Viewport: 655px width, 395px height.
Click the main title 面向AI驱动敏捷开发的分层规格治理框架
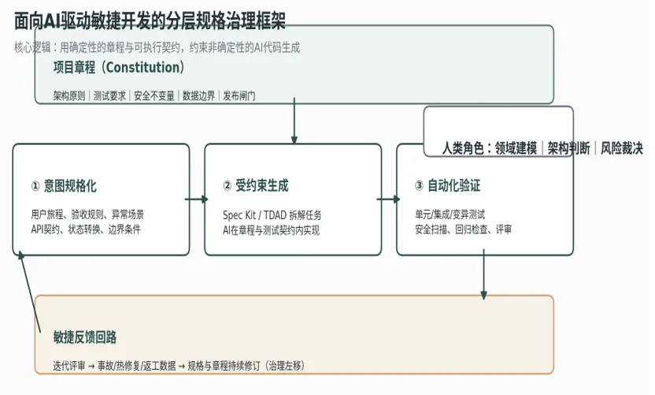150,21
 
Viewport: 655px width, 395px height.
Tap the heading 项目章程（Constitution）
119,67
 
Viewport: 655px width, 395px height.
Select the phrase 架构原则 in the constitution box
69,96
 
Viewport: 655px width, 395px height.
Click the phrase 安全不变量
154,96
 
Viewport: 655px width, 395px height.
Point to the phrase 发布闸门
239,96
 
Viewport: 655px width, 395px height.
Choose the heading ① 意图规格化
64,185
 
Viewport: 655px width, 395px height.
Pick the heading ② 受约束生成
256,185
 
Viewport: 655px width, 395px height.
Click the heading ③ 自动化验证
447,185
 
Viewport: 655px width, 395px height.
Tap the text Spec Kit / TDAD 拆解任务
272,215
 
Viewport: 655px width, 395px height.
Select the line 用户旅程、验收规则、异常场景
87,214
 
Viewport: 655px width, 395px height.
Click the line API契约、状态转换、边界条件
86,229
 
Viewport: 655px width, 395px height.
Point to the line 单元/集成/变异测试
450,214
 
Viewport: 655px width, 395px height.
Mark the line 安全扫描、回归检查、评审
463,229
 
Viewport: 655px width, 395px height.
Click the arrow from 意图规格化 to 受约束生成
196,199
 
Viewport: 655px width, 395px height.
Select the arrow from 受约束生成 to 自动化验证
388,199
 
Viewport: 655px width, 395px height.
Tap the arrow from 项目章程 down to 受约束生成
294,121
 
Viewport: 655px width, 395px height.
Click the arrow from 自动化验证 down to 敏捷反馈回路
483,274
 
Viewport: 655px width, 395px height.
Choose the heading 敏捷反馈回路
85,337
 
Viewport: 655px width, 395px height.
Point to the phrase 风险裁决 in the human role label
622,148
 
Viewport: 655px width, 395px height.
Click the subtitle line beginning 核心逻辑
157,47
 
